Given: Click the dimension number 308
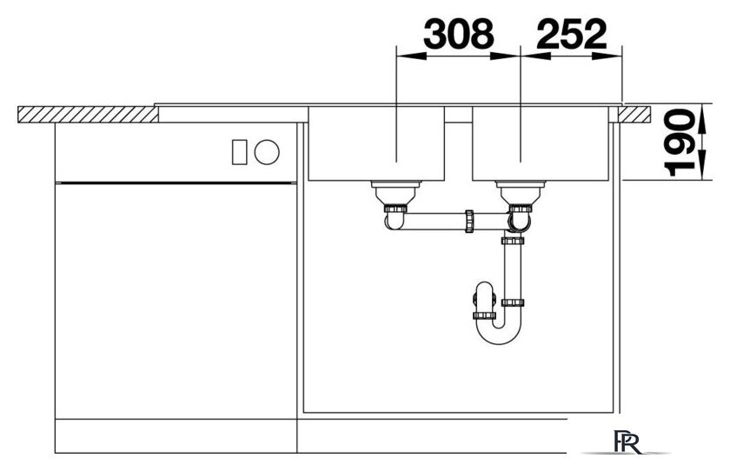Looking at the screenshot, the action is tap(458, 34).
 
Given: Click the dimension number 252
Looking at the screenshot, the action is tap(572, 34).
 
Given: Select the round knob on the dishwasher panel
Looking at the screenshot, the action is tap(267, 152).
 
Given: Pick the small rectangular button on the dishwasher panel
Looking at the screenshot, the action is tap(239, 152).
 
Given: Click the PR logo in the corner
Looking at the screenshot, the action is tap(627, 442).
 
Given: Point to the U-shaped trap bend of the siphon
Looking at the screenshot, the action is tap(498, 330).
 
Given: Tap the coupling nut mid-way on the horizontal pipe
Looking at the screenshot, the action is tap(469, 221).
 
